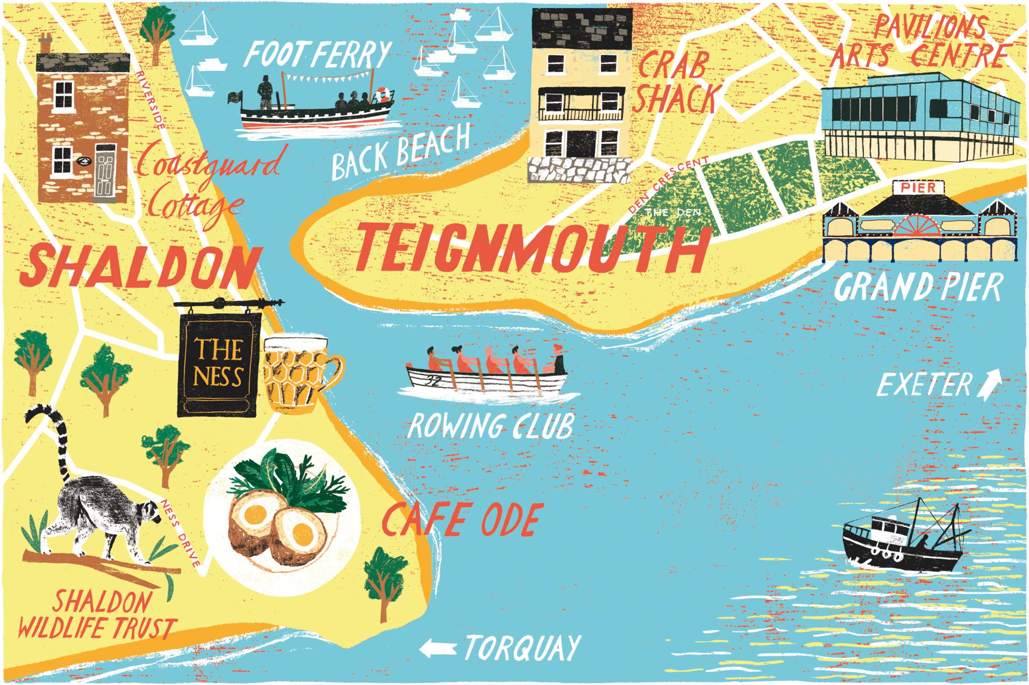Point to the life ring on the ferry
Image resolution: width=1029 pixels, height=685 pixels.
point(382,93)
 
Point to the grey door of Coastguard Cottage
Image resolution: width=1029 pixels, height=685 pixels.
point(105,173)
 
